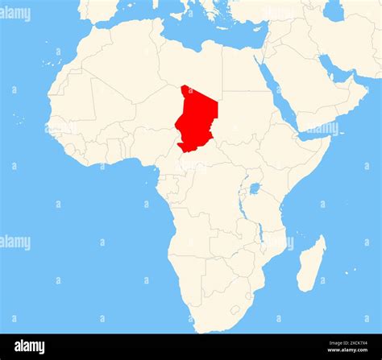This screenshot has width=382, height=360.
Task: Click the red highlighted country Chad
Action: coord(197,117)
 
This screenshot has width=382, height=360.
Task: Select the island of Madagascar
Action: coord(311,263)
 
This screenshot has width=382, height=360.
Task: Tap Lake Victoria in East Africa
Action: coord(255,188)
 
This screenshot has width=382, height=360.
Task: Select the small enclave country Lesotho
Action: coord(235,309)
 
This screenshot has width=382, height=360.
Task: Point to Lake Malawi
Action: coord(260,233)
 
